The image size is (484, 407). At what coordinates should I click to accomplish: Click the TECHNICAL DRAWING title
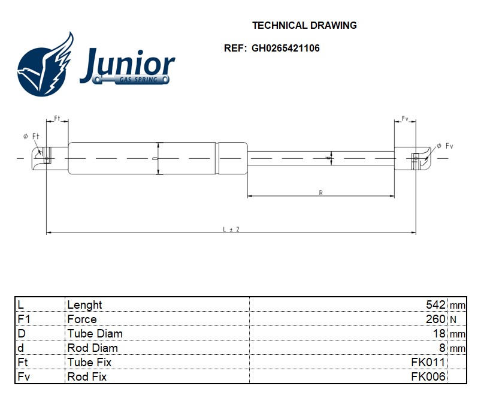pyautogui.click(x=304, y=25)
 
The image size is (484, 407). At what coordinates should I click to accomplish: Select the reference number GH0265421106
pyautogui.click(x=285, y=48)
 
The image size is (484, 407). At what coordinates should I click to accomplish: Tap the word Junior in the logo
pyautogui.click(x=127, y=64)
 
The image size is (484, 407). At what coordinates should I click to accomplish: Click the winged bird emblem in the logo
pyautogui.click(x=46, y=66)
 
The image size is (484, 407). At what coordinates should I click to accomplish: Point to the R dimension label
pyautogui.click(x=321, y=192)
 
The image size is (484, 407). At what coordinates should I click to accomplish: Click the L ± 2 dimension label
pyautogui.click(x=231, y=229)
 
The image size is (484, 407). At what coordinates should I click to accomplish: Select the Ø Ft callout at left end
pyautogui.click(x=31, y=137)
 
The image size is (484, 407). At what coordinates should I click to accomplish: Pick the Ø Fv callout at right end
pyautogui.click(x=445, y=146)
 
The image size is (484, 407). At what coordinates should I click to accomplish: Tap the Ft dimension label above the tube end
pyautogui.click(x=58, y=118)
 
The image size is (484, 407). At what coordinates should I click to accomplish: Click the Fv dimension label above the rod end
pyautogui.click(x=405, y=118)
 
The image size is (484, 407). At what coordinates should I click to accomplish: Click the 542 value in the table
pyautogui.click(x=435, y=305)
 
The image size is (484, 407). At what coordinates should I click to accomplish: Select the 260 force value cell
pyautogui.click(x=435, y=319)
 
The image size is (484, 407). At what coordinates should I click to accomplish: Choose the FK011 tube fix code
pyautogui.click(x=428, y=363)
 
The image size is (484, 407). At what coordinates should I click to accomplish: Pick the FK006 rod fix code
pyautogui.click(x=428, y=377)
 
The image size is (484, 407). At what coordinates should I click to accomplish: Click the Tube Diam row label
pyautogui.click(x=95, y=334)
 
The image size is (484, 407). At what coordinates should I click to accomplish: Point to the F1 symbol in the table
pyautogui.click(x=24, y=319)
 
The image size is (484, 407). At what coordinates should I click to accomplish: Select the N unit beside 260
pyautogui.click(x=453, y=320)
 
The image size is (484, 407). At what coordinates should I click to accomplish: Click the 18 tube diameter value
pyautogui.click(x=439, y=334)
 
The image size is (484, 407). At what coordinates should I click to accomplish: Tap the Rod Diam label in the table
pyautogui.click(x=92, y=348)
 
